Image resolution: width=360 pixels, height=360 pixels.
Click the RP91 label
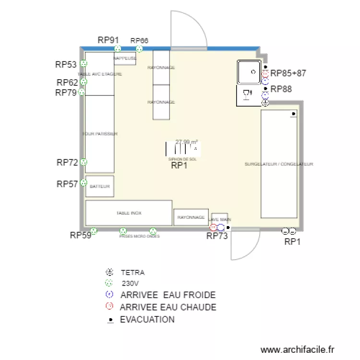108,40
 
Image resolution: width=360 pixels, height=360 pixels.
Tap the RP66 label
139,41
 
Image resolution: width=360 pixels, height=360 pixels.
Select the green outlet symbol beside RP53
84,63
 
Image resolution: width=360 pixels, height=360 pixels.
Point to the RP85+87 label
288,73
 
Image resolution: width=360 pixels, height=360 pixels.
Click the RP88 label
281,89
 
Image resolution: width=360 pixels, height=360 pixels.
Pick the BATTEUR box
100,186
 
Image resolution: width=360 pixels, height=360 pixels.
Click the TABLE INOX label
129,213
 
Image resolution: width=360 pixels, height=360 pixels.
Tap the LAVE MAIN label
219,219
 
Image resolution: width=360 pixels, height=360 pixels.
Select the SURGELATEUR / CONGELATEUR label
279,164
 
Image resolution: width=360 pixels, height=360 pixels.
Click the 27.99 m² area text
187,142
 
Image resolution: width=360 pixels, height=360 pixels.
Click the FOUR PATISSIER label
100,134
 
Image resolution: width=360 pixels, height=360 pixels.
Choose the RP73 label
216,236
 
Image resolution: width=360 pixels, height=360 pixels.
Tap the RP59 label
80,235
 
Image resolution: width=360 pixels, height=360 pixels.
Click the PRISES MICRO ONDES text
139,237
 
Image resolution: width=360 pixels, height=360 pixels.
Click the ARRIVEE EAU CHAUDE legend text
168,307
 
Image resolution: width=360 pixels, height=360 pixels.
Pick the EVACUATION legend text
147,319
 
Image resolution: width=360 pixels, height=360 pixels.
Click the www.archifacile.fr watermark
297,350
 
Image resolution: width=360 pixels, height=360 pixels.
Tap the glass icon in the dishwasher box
248,95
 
